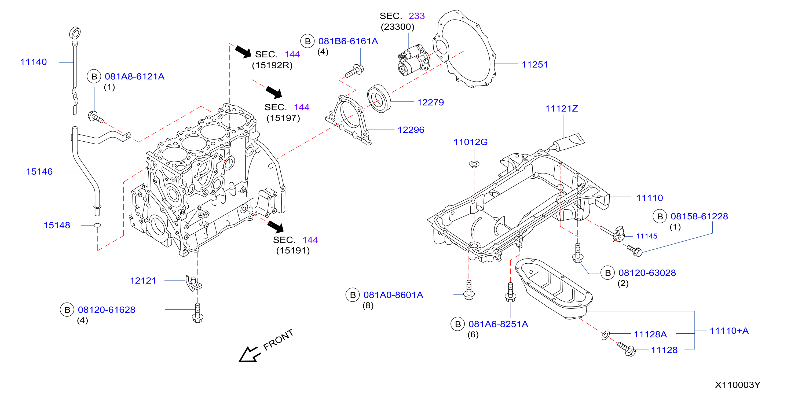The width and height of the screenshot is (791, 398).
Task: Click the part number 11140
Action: click(x=34, y=62)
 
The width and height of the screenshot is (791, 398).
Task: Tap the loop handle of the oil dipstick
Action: click(x=75, y=33)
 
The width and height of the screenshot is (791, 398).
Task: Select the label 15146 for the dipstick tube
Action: click(x=39, y=172)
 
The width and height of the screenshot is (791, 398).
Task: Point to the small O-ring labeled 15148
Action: click(x=97, y=225)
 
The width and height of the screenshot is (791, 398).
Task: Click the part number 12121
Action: click(x=143, y=281)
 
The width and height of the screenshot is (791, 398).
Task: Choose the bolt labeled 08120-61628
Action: click(x=197, y=313)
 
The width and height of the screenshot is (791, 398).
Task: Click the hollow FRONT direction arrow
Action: click(x=250, y=355)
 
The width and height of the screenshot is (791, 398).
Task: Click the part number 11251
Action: click(x=535, y=64)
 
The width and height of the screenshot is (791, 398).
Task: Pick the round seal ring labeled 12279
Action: click(x=379, y=98)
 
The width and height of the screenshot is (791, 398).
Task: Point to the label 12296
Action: click(x=411, y=130)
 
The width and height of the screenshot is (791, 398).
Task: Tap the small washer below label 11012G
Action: click(x=474, y=164)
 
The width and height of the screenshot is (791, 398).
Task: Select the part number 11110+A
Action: click(x=729, y=331)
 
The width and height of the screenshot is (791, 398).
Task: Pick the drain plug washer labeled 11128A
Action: click(x=606, y=335)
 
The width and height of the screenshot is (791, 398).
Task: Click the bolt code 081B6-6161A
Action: click(x=348, y=41)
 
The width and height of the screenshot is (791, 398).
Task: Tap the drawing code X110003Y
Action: click(x=738, y=385)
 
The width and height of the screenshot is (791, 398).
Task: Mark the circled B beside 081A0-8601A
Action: click(x=353, y=295)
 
